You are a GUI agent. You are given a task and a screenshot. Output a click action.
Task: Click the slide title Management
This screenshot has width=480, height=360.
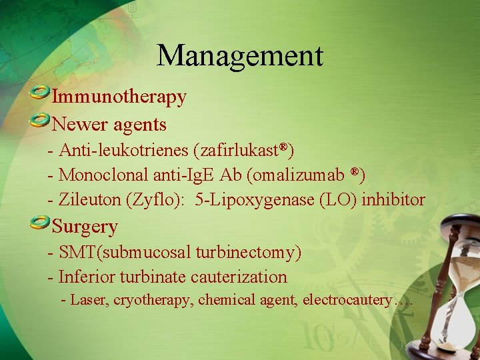(239, 55)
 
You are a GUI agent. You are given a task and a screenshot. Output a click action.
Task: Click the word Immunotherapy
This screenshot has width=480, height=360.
(119, 97)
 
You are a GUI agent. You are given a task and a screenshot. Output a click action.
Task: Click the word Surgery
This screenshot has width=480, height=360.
(85, 227)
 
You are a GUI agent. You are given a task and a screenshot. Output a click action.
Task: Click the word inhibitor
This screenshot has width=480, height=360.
(393, 199)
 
